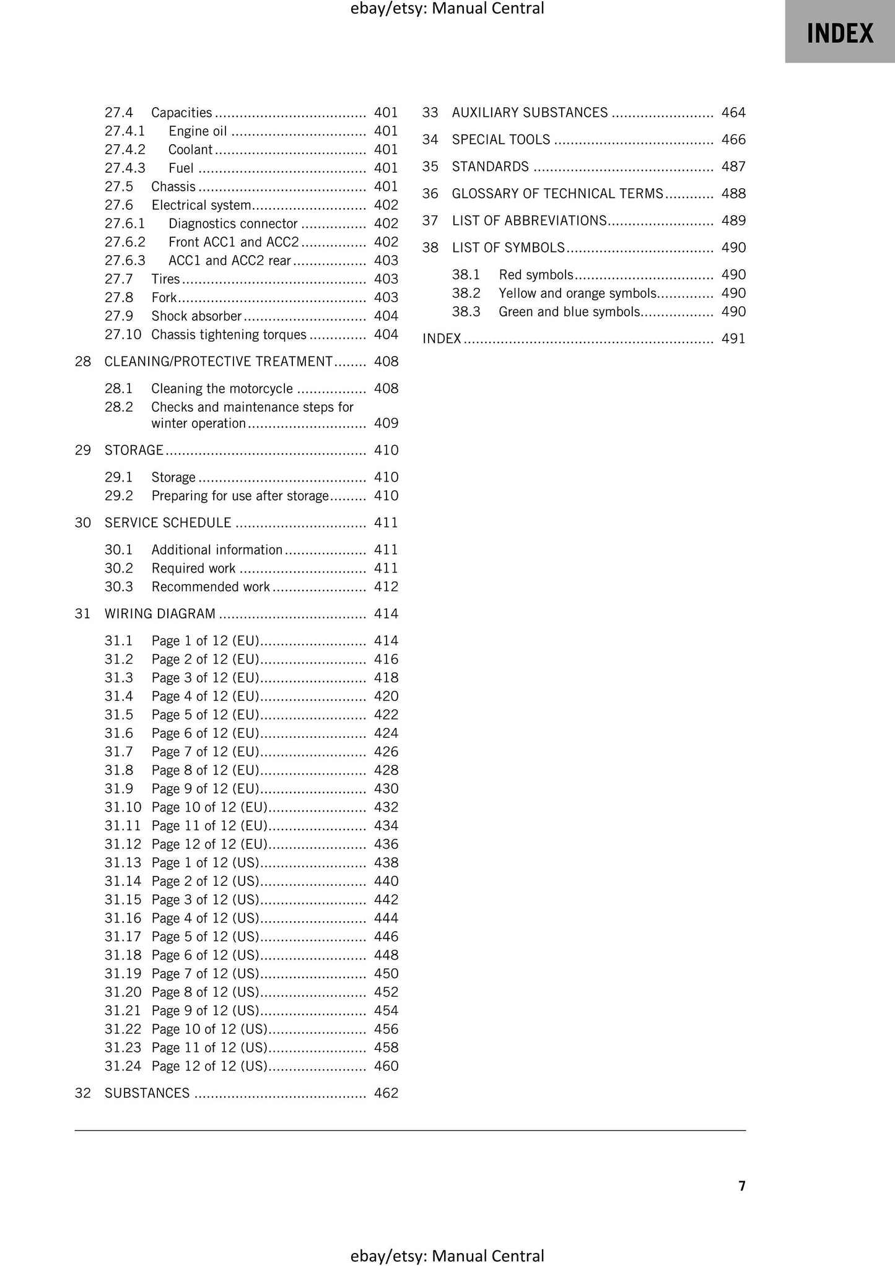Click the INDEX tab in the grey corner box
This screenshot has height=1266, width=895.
click(839, 33)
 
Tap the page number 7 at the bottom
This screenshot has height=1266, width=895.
click(741, 1186)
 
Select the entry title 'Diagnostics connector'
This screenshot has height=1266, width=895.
click(233, 223)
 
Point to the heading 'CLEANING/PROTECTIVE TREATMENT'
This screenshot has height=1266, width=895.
click(219, 362)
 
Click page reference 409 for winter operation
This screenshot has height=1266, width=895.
click(386, 423)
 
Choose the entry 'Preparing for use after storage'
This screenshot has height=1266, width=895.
click(240, 496)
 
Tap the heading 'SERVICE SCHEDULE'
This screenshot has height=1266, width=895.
click(168, 523)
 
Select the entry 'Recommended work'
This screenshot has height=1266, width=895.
click(211, 587)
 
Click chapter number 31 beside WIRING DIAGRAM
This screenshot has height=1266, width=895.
click(83, 614)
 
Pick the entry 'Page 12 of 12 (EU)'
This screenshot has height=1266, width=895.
click(209, 844)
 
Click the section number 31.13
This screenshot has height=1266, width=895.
click(123, 863)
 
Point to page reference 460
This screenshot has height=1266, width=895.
click(386, 1066)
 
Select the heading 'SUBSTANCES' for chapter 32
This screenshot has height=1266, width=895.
click(147, 1093)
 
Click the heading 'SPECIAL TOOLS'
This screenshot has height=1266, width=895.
click(501, 140)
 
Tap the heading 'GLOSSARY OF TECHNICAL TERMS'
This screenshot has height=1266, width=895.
click(557, 194)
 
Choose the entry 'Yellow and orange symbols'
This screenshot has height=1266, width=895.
click(577, 293)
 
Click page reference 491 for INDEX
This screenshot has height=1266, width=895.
click(733, 339)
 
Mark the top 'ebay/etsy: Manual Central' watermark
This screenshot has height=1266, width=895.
click(447, 9)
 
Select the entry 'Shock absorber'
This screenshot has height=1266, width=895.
click(196, 316)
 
